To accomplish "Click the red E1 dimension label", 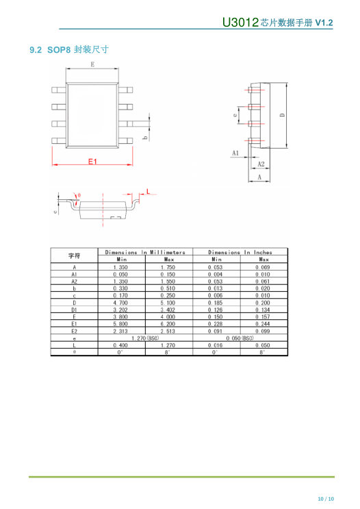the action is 92,162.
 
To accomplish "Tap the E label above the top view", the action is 92,64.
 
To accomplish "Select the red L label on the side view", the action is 149,191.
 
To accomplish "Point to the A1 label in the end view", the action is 235,153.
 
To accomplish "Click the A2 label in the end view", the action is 261,164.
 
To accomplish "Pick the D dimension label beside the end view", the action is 283,115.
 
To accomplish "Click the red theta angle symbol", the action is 79,195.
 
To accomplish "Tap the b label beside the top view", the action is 145,138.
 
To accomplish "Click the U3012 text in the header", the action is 240,22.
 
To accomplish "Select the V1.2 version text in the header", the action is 324,23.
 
